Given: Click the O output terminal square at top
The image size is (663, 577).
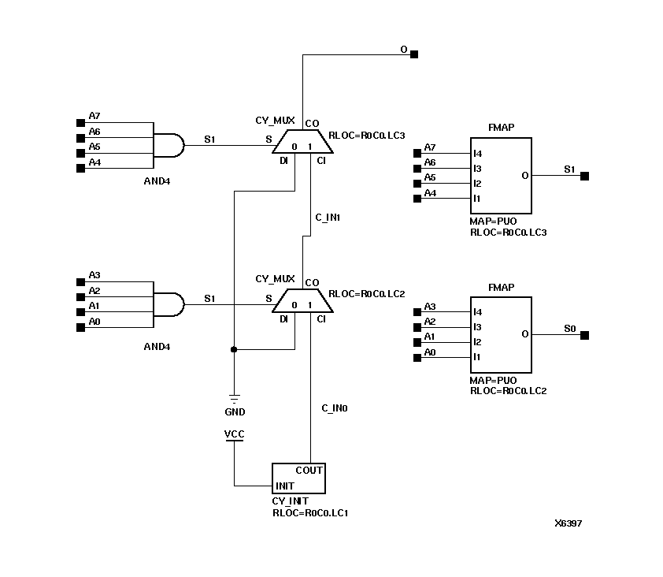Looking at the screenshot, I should coord(415,54).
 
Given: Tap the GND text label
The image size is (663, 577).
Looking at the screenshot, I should coord(235,412).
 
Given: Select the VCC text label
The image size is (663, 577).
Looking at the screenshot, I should coord(234,434).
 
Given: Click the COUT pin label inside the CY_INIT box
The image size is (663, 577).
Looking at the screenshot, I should coord(309,471).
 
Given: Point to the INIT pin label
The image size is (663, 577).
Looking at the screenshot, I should coord(285,486).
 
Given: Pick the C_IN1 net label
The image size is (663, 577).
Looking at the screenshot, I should coord(327,217).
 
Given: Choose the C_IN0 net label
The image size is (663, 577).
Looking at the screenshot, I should coord(335,408).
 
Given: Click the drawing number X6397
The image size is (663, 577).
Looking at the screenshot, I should coord(568,523).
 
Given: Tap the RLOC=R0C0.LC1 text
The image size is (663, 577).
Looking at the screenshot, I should coord(310,512).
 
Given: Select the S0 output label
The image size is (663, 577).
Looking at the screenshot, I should coord(570,328).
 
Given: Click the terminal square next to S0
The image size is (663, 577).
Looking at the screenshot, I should coord(584,336).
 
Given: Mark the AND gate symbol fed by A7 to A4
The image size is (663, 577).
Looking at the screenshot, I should coord(167,146).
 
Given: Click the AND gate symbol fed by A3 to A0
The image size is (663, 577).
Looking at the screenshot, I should coord(167,304).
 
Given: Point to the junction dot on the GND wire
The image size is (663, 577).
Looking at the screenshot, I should coord(233,349).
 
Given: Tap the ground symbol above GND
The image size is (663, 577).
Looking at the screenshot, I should coord(233,398).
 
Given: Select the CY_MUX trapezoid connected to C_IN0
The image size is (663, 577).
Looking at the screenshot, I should coord(302,302).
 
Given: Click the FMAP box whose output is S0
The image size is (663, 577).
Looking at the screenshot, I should coord(501,335).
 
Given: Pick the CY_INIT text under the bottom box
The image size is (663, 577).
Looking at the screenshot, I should coord(290,501).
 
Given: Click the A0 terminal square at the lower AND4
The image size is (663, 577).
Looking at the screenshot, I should coord(80,327).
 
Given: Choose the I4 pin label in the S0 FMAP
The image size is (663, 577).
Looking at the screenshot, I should coord(477,313).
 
